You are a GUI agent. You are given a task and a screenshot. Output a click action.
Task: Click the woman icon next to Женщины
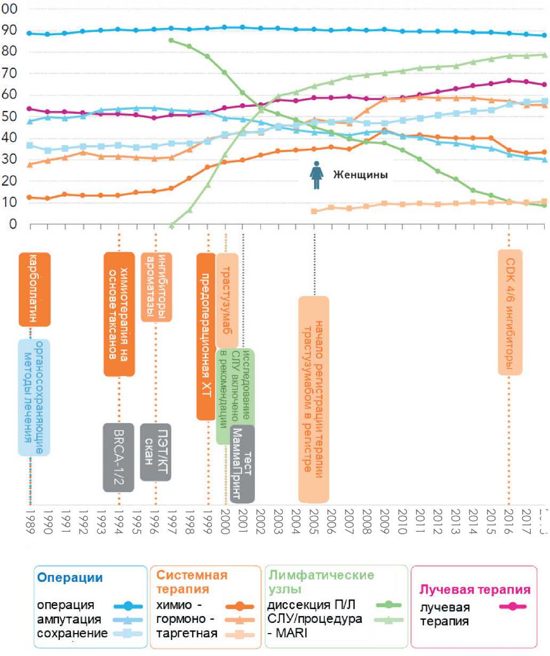point(316,175)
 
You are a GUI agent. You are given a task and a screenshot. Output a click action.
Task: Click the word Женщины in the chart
point(361,175)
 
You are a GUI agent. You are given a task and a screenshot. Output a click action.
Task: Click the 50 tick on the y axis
point(10,116)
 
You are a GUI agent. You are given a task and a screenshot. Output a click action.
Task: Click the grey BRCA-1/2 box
point(118,457)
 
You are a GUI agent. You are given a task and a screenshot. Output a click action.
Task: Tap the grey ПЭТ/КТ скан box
point(155,452)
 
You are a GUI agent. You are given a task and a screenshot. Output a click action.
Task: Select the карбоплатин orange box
point(34,289)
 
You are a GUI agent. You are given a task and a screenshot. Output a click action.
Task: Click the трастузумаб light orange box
point(227,301)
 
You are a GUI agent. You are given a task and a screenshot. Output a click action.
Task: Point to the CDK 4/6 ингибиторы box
point(510,313)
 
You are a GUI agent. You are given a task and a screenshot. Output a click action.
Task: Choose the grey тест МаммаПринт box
point(243,463)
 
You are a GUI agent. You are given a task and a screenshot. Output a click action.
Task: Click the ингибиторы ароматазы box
point(156,287)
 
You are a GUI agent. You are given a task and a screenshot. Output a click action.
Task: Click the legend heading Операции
point(69,578)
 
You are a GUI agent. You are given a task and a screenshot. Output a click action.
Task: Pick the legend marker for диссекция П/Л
point(389,605)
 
